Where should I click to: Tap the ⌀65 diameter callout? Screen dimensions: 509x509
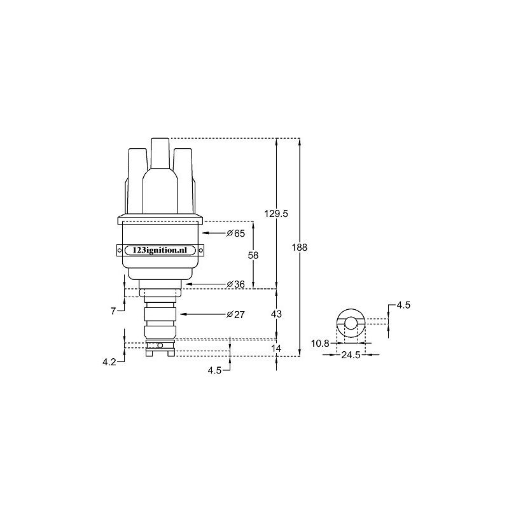tap(236, 234)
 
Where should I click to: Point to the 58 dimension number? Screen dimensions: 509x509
tap(253, 254)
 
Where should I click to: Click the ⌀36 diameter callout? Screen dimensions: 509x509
tap(236, 284)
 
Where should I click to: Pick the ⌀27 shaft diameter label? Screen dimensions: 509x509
tap(236, 314)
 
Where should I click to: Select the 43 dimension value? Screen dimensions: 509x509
tap(276, 314)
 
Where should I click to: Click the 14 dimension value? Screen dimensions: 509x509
tap(276, 348)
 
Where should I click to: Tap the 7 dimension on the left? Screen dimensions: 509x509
tap(113, 311)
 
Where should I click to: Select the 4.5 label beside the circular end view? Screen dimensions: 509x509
tap(403, 305)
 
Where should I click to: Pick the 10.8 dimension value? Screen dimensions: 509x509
tap(320, 344)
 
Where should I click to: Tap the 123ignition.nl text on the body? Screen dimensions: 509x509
tap(160, 251)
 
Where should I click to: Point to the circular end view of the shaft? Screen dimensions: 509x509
tap(351, 323)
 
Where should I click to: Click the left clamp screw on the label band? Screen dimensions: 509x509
tap(120, 251)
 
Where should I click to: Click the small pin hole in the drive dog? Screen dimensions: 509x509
tap(160, 345)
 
